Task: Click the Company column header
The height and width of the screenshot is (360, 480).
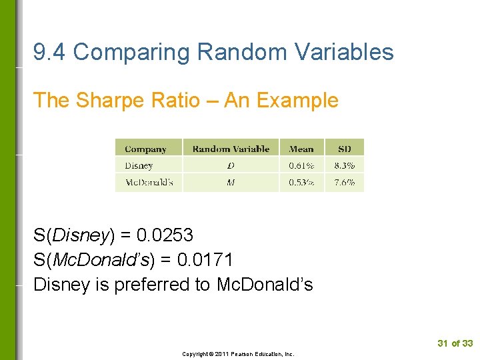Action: pyautogui.click(x=145, y=149)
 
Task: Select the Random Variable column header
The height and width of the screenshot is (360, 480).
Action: pyautogui.click(x=231, y=149)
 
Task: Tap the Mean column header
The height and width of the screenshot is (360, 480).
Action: pyautogui.click(x=301, y=149)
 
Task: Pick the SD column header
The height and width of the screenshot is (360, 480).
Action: pyautogui.click(x=344, y=149)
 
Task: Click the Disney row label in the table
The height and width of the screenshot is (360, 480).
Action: pyautogui.click(x=139, y=165)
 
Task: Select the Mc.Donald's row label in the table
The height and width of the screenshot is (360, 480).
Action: pyautogui.click(x=149, y=182)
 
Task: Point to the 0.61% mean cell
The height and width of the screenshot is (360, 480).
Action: pyautogui.click(x=302, y=165)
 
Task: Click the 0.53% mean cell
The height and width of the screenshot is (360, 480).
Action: pyautogui.click(x=302, y=182)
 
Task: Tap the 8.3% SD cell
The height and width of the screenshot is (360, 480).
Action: pyautogui.click(x=344, y=165)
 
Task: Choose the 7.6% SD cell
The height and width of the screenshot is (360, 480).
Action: pyautogui.click(x=344, y=182)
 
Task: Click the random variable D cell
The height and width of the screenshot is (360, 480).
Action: pyautogui.click(x=231, y=165)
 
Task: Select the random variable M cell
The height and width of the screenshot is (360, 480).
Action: pyautogui.click(x=231, y=182)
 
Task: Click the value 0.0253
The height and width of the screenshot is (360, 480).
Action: pyautogui.click(x=165, y=235)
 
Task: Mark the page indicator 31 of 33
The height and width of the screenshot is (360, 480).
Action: pyautogui.click(x=455, y=343)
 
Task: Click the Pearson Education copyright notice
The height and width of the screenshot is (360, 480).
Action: pyautogui.click(x=238, y=354)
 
